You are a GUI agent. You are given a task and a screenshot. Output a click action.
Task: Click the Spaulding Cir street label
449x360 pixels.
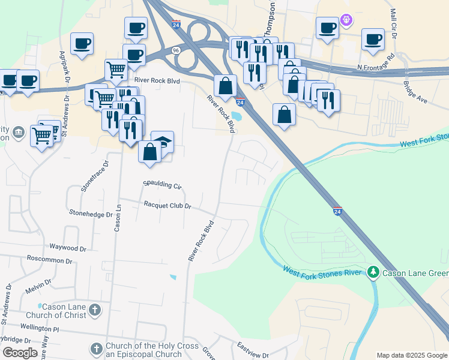(162, 185)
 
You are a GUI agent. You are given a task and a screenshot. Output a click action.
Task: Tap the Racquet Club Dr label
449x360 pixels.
(167, 206)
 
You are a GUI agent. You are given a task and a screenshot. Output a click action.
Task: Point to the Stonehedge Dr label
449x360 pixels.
(91, 213)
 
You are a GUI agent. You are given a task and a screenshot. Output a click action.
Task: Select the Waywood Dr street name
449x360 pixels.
(68, 247)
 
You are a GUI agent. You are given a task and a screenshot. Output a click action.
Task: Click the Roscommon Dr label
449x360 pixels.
(49, 261)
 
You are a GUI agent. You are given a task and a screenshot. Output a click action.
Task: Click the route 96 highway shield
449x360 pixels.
(175, 49)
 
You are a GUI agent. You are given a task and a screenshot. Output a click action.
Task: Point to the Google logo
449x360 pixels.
(20, 353)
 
